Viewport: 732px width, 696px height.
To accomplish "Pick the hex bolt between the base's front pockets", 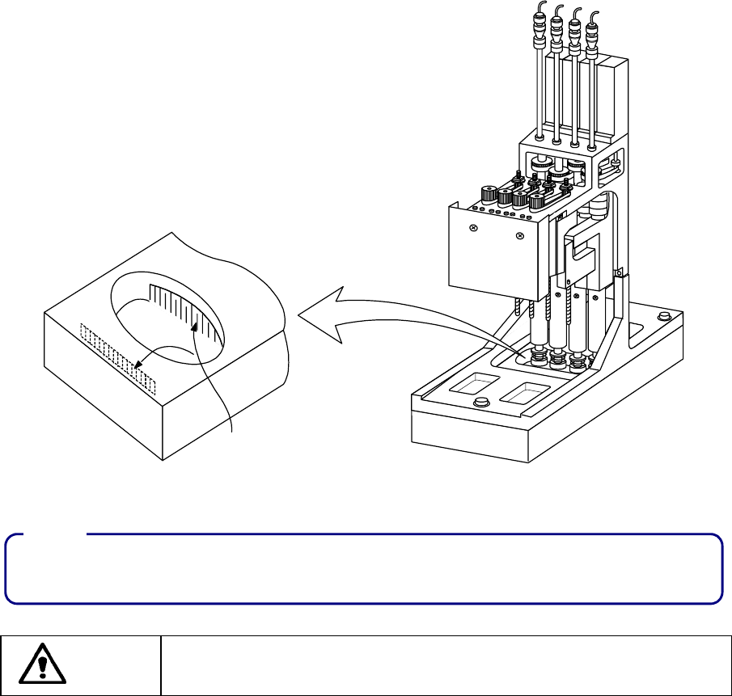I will [482, 402].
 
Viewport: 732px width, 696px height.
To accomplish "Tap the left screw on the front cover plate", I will [474, 230].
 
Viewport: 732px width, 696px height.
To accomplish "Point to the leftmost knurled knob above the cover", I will [489, 193].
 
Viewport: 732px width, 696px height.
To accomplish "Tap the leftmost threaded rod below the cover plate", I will [516, 308].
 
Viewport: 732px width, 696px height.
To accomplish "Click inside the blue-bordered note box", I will [363, 569].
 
